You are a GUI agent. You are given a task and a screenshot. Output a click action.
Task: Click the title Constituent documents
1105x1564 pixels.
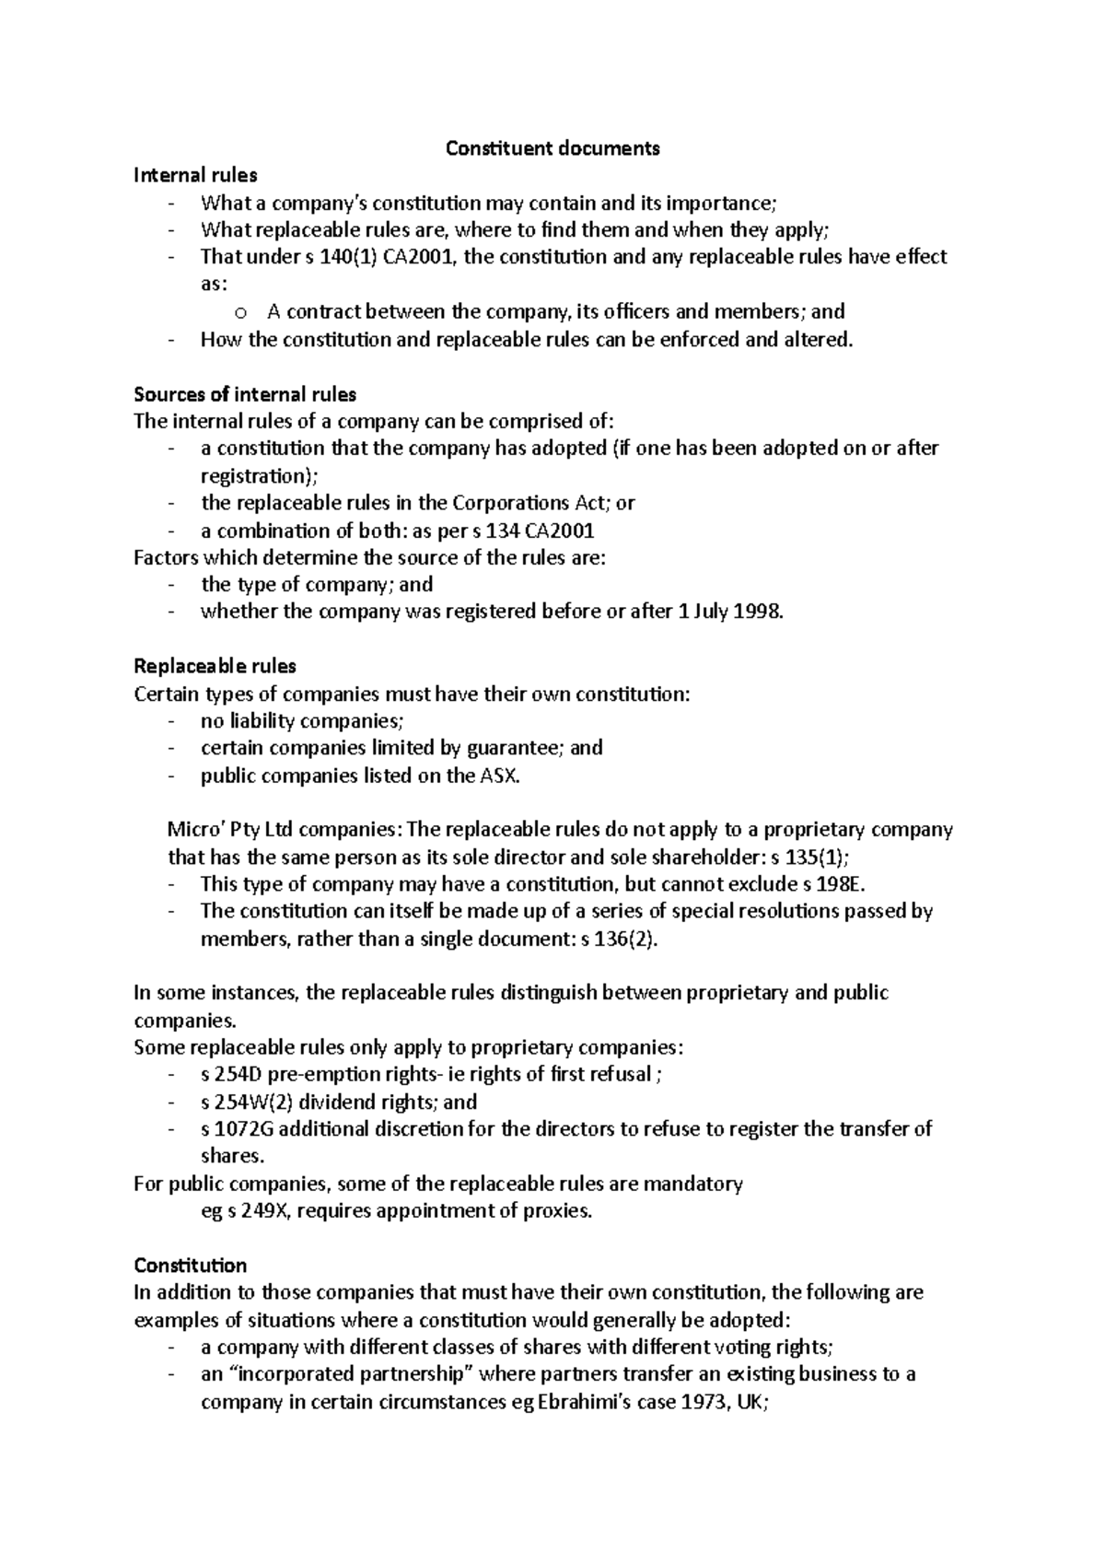click(x=552, y=148)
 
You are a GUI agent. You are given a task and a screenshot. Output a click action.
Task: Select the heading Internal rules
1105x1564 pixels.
click(x=195, y=175)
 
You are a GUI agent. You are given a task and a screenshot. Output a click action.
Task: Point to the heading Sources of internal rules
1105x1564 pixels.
click(x=245, y=394)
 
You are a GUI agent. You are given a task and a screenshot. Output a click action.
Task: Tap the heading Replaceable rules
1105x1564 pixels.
click(x=215, y=666)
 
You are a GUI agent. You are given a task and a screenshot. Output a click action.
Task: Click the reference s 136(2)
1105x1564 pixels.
click(x=620, y=940)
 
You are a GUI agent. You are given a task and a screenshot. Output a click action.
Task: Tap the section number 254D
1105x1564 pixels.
click(x=238, y=1075)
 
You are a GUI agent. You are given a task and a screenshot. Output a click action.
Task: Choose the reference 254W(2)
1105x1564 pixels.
click(x=250, y=1103)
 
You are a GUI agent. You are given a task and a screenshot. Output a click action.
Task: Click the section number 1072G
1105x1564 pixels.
click(x=242, y=1129)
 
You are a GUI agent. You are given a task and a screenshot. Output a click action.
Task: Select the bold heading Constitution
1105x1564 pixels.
click(x=190, y=1266)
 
